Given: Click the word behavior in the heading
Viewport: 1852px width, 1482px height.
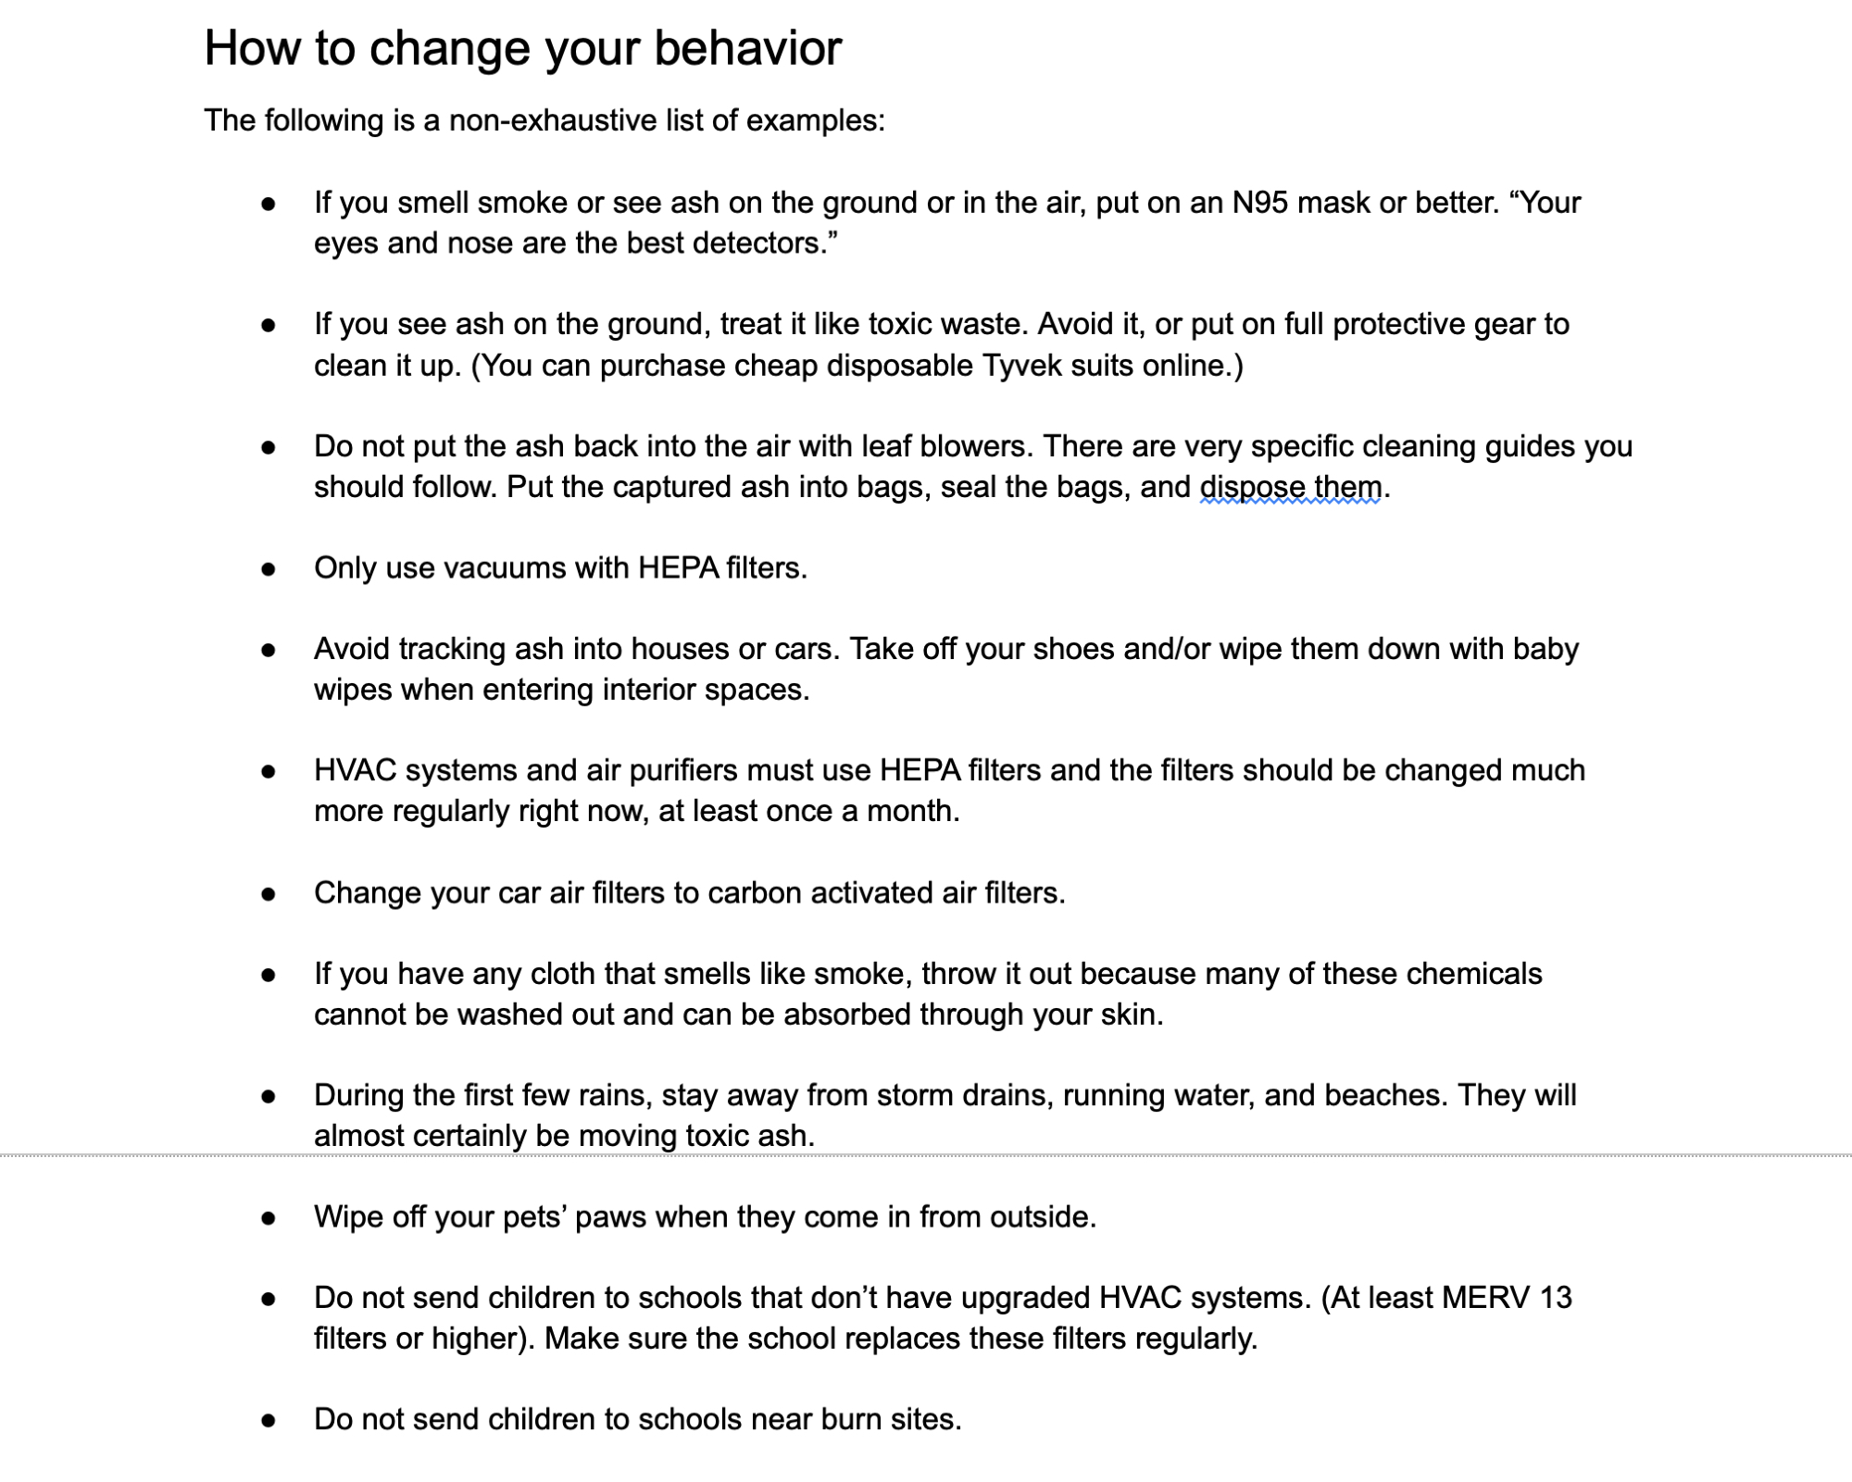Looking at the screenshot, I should (x=747, y=48).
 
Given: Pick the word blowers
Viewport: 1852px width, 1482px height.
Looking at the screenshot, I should (x=974, y=446).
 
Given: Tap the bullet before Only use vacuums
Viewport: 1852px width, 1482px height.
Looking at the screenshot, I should (x=269, y=569).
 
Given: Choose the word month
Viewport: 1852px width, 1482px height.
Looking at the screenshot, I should (x=912, y=811).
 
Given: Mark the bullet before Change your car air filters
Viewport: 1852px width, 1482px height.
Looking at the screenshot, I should (x=269, y=894).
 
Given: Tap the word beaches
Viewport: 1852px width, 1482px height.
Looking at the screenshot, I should (x=1385, y=1095).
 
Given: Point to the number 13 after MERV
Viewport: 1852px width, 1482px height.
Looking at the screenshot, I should (x=1556, y=1298).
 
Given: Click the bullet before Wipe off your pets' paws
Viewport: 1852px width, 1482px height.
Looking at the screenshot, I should (x=269, y=1218).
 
